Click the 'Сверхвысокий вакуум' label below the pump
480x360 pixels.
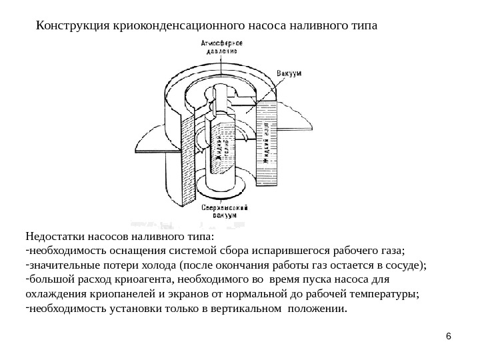[225, 211]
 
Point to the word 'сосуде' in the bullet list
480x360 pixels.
[401, 266]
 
